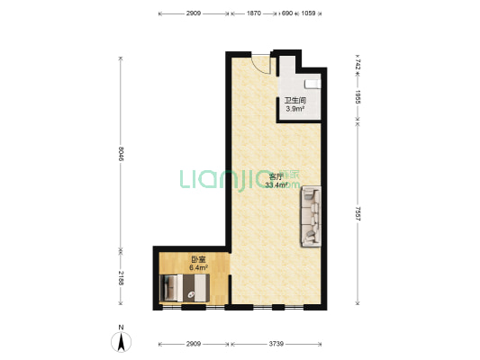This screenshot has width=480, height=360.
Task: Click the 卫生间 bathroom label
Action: [295, 100]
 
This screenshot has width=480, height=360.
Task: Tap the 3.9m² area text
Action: [295, 109]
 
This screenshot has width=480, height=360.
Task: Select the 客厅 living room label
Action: [276, 176]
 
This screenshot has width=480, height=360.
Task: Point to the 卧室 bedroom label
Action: [198, 260]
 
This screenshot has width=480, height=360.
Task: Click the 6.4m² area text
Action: [198, 268]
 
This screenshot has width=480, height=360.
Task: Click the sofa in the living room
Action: [311, 216]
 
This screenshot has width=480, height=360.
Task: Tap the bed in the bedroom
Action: [185, 288]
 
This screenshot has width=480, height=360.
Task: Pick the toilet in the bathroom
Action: [312, 84]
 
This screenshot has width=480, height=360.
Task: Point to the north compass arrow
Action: [122, 342]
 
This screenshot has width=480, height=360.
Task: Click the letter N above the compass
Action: [122, 328]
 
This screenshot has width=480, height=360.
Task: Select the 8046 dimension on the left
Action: [122, 154]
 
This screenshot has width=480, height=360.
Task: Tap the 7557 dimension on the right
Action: [358, 214]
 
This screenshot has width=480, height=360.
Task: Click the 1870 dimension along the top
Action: [254, 13]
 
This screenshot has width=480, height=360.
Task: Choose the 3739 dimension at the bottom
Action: [276, 344]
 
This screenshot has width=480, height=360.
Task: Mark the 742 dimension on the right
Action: [358, 65]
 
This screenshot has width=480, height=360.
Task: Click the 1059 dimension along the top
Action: [308, 13]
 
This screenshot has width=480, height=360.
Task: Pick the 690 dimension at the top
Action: [287, 13]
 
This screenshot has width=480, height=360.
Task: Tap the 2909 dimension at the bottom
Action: [194, 344]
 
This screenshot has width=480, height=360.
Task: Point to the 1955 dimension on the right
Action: [358, 96]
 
